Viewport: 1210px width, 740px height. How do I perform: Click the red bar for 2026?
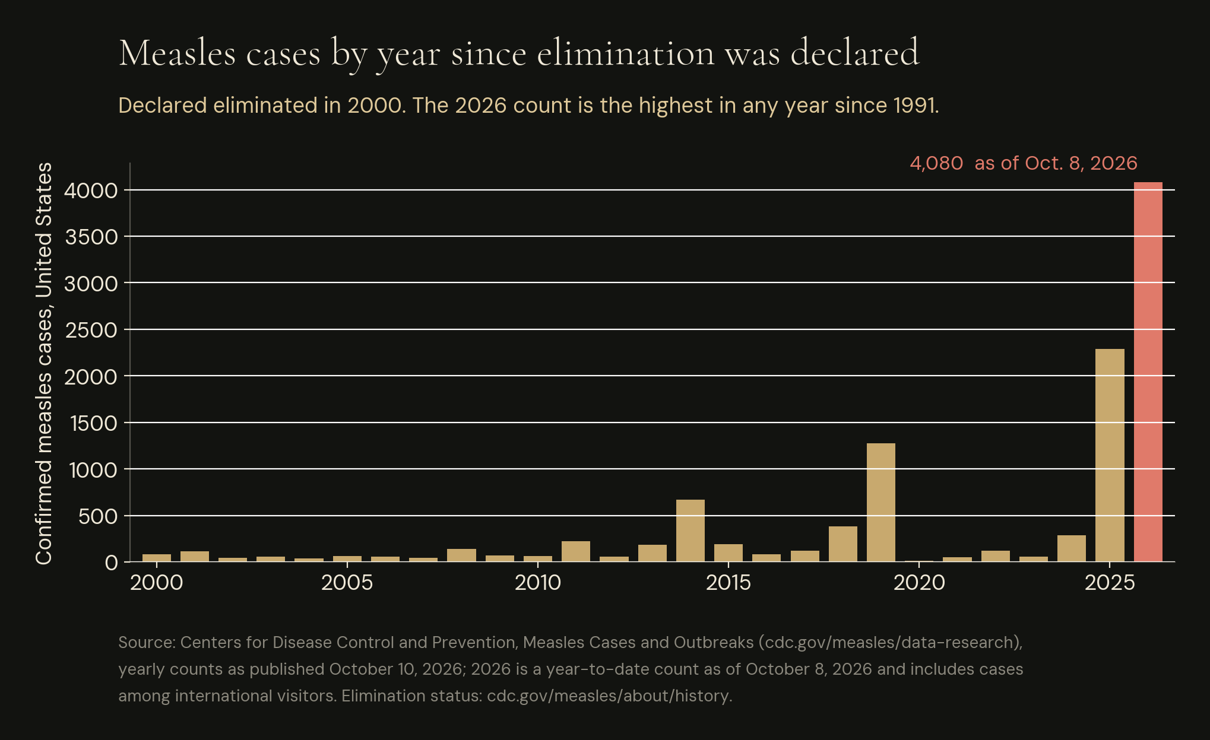[x=1148, y=371]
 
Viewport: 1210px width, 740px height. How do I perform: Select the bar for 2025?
[x=1110, y=455]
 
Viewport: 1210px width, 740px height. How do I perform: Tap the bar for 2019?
[x=881, y=502]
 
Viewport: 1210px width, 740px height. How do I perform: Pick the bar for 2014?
[x=690, y=531]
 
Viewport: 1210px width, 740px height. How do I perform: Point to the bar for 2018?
[x=843, y=544]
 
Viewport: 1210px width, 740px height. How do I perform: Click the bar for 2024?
[x=1072, y=548]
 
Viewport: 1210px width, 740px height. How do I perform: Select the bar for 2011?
[x=576, y=551]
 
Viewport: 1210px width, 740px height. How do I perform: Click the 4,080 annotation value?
[x=936, y=163]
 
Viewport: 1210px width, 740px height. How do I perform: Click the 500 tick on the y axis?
[x=98, y=516]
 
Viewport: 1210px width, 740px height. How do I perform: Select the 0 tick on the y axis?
[x=112, y=563]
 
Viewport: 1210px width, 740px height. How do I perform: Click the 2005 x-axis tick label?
[x=347, y=583]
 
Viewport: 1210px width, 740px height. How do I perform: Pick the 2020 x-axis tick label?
[x=919, y=583]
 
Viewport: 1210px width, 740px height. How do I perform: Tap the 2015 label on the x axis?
[x=728, y=583]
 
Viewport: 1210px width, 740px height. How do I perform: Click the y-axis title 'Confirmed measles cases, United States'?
[x=44, y=363]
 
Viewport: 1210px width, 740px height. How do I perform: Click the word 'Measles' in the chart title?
[x=178, y=52]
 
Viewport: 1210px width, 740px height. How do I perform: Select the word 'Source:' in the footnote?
[x=147, y=643]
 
